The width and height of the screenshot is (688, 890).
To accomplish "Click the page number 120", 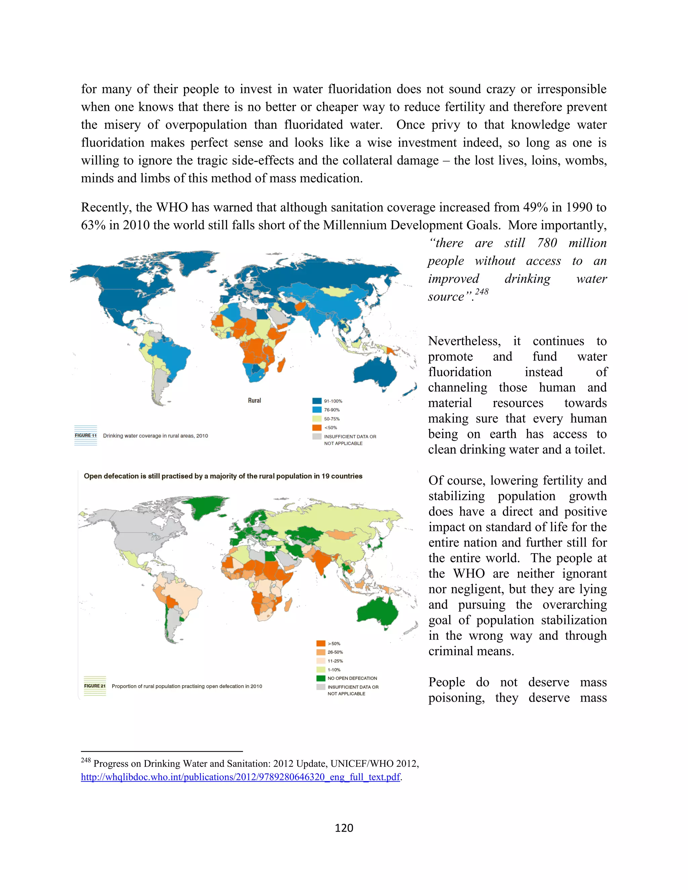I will click(344, 828).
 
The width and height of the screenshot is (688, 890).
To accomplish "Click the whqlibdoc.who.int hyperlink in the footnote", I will click(241, 777).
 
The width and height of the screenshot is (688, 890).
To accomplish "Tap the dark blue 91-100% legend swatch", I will click(317, 401).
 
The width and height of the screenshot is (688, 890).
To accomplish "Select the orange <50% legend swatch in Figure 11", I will click(317, 428).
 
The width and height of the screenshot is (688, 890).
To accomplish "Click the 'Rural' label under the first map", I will click(254, 401).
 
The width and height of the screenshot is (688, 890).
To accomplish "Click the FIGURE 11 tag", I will click(86, 435).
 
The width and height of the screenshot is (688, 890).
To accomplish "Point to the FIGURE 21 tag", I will click(94, 686).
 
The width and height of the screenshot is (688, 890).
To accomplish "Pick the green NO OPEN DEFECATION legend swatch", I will click(321, 678).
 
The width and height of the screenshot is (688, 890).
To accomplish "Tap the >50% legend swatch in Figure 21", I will click(321, 643).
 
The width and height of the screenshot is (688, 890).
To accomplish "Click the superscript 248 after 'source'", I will click(481, 292).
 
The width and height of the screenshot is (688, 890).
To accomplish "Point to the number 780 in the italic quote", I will click(547, 243).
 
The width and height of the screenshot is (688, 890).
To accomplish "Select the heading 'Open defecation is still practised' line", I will click(223, 476).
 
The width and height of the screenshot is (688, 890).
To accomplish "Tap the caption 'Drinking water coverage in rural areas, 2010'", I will click(155, 436).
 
